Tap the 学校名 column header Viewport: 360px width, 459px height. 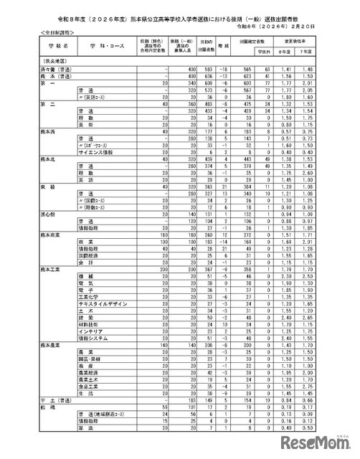32,48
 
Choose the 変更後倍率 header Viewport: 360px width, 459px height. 311,43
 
